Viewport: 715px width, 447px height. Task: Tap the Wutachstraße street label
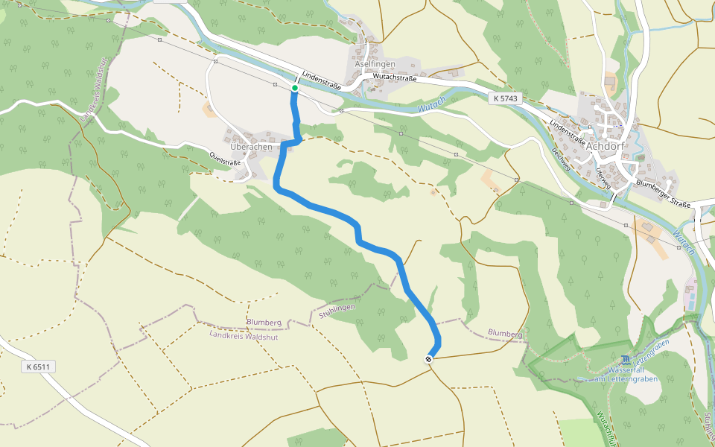pyautogui.click(x=395, y=76)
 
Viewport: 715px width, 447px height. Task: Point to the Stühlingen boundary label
pyautogui.click(x=337, y=311)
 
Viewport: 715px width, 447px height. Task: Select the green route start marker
pyautogui.click(x=295, y=88)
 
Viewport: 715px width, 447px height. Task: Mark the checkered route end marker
pyautogui.click(x=429, y=359)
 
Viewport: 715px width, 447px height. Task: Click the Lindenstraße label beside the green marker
pyautogui.click(x=321, y=81)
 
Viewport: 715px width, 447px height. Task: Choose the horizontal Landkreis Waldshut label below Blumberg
pyautogui.click(x=244, y=335)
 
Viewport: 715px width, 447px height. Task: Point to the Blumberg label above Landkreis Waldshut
pyautogui.click(x=264, y=323)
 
